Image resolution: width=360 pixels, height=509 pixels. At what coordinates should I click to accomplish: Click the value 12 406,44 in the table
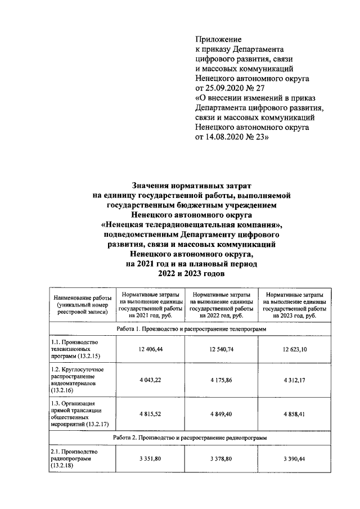tap(150, 350)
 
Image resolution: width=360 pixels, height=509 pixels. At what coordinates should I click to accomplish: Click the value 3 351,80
tap(150, 459)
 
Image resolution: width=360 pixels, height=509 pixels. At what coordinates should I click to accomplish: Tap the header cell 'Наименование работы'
tap(82, 305)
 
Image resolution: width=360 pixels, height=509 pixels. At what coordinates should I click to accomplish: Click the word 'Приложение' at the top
tap(218, 39)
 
